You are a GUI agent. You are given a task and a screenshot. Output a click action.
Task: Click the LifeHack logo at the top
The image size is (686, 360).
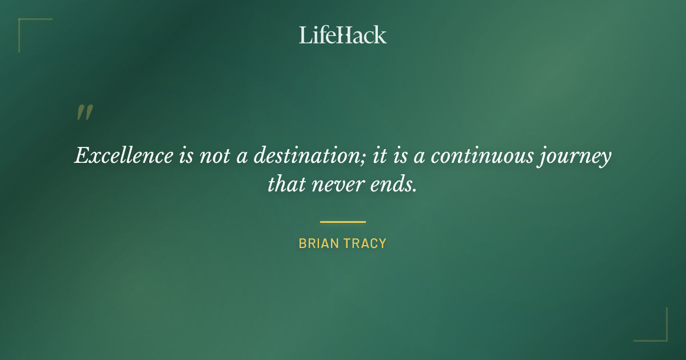coord(343,35)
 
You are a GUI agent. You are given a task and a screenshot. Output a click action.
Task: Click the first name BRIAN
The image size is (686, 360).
coord(317,243)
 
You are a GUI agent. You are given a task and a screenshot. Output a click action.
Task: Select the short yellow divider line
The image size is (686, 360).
coord(343,222)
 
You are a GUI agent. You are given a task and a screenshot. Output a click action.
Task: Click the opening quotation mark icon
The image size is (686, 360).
coord(85,113)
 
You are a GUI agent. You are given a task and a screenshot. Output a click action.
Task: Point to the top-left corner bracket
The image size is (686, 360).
coord(23,23)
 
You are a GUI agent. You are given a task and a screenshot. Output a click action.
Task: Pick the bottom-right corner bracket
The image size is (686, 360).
coord(663,337)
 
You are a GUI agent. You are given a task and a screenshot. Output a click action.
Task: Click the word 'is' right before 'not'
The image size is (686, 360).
coord(186,156)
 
